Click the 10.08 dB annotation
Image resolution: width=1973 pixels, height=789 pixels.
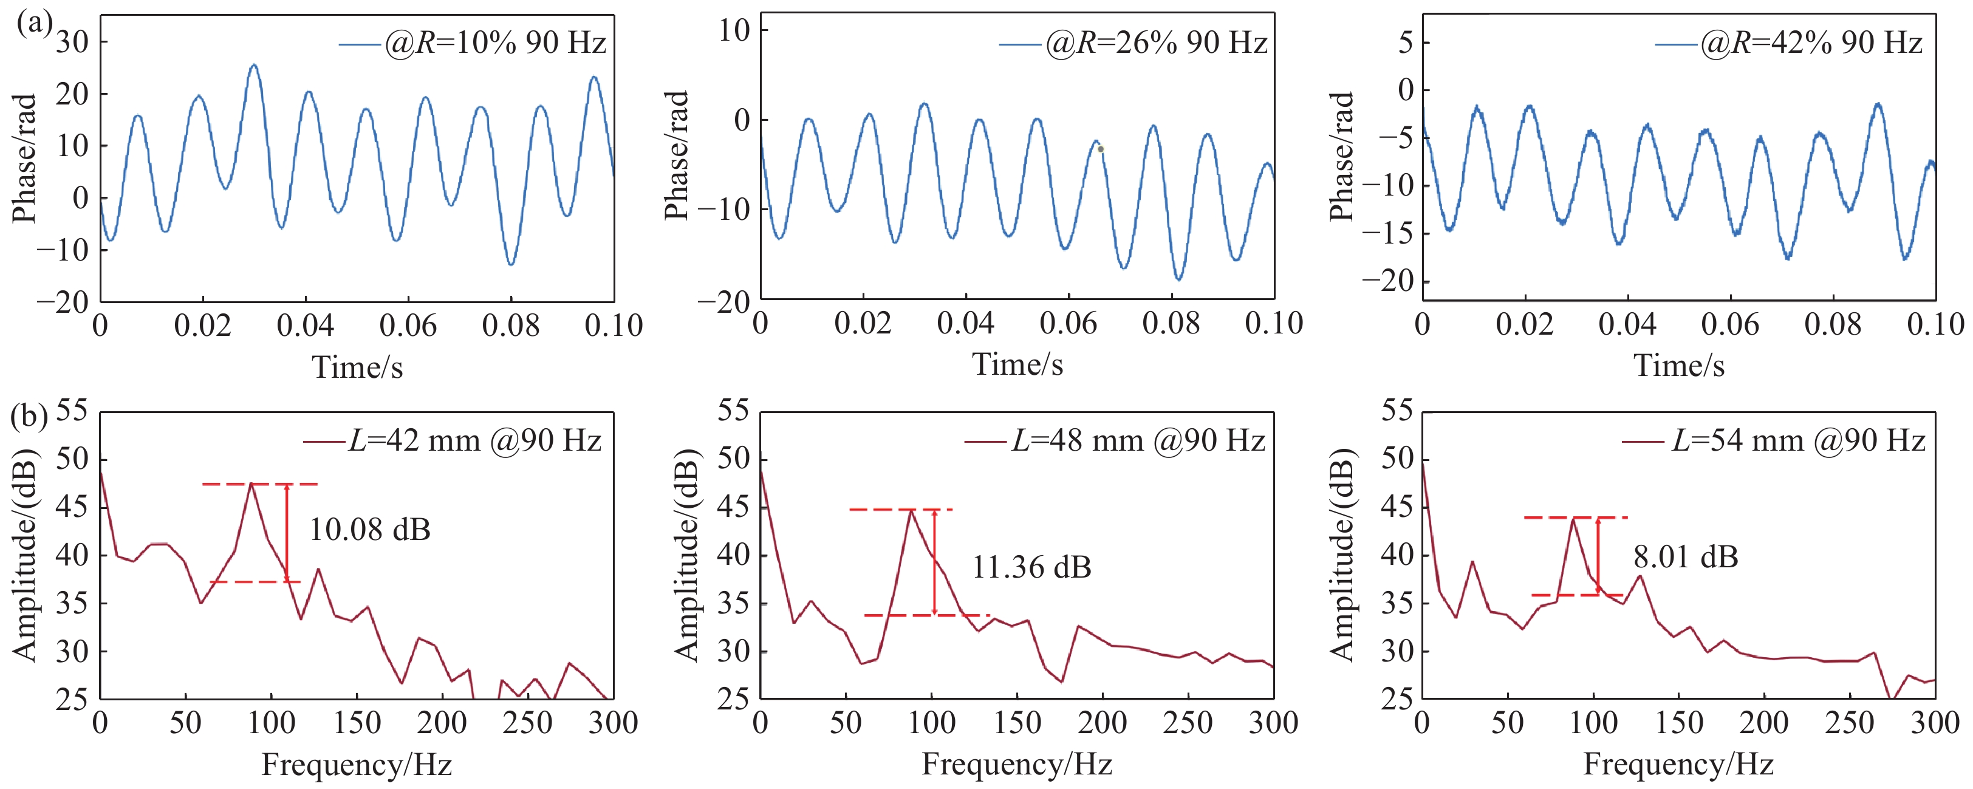(370, 529)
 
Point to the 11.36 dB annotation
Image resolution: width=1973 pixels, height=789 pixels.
(1031, 567)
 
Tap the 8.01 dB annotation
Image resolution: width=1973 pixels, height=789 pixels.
(1686, 556)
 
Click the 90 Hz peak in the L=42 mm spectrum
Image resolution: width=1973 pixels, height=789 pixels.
(251, 484)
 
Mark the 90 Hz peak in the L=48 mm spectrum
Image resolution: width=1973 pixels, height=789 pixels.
(911, 510)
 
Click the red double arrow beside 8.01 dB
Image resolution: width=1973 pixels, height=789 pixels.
(1598, 556)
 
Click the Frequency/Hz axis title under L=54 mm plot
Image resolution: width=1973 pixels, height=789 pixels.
(1678, 763)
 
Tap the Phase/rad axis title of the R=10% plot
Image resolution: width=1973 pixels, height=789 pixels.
(26, 159)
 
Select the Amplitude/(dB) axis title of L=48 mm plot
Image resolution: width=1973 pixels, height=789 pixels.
(687, 555)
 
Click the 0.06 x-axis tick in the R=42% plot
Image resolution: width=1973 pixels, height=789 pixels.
(1730, 325)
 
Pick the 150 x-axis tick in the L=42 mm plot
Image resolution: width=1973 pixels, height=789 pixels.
(357, 722)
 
